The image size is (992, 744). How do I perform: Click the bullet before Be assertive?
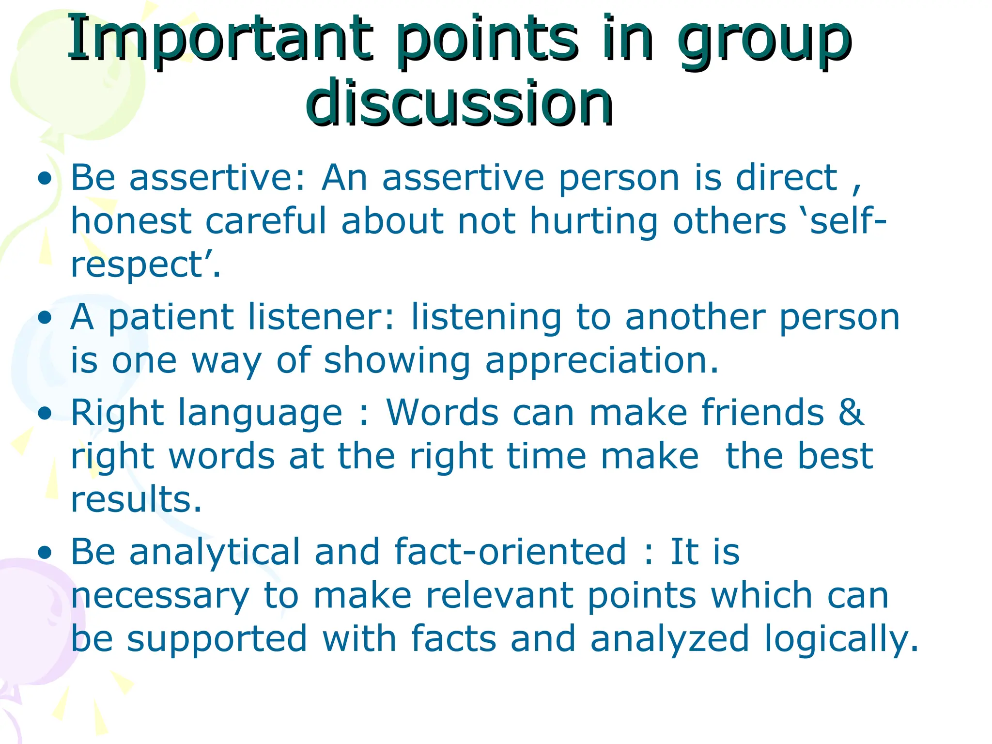[45, 179]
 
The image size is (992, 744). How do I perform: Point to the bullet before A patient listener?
[45, 319]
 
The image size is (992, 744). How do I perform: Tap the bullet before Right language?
[45, 414]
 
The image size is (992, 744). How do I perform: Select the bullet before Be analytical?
[45, 553]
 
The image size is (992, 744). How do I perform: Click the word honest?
[131, 221]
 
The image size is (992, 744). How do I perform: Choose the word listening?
[486, 319]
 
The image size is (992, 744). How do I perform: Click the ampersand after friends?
[851, 413]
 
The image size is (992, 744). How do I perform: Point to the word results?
[136, 499]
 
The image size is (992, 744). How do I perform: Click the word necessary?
[160, 597]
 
